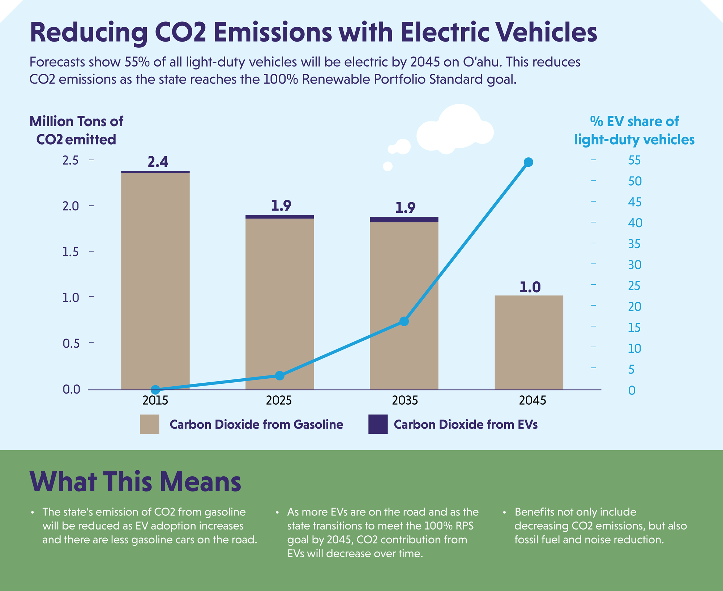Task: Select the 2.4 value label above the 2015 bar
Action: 158,162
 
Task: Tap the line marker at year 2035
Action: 404,321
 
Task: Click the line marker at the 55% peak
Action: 529,162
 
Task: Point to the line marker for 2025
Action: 280,375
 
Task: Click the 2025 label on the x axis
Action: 279,400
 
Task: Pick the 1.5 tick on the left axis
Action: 70,252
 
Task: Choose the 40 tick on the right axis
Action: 635,223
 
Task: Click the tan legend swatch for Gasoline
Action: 149,424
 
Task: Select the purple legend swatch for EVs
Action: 378,424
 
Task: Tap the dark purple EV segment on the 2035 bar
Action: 404,220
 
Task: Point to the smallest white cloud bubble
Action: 388,166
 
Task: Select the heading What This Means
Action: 135,482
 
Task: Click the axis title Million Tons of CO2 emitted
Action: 76,130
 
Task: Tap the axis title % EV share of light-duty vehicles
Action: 634,130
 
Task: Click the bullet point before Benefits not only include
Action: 504,513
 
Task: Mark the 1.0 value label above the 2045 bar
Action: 530,287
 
